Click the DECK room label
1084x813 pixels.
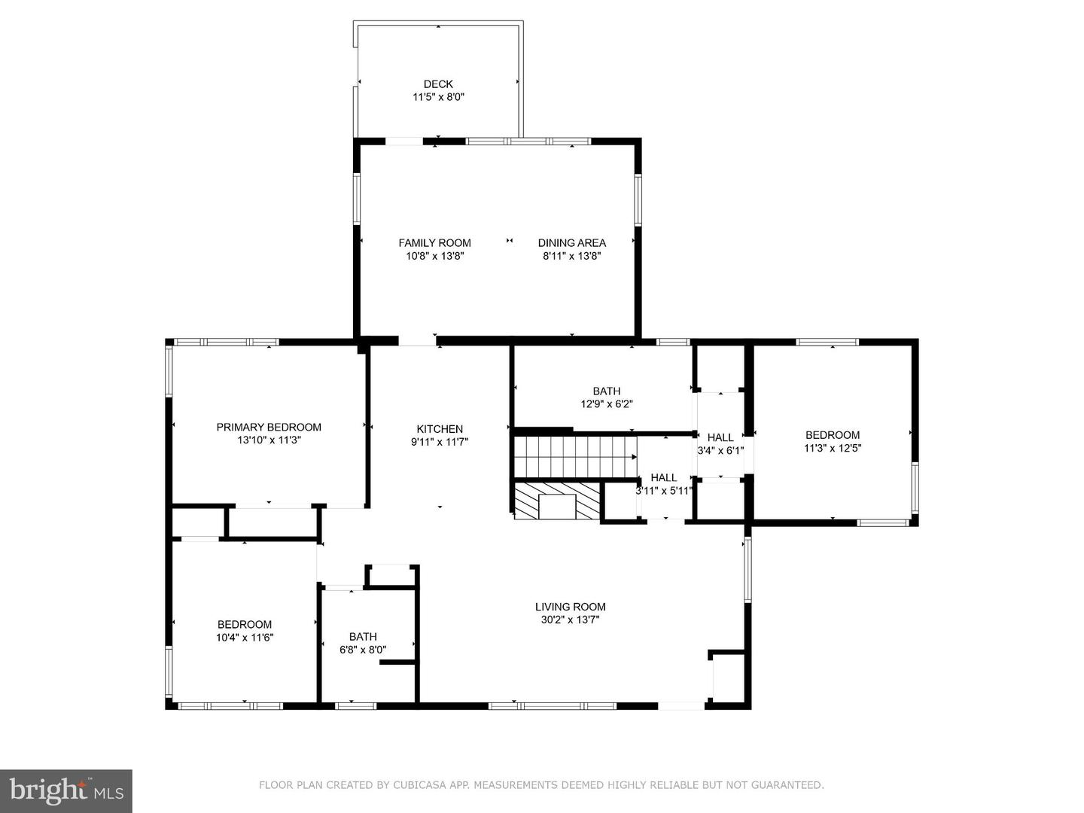coord(438,84)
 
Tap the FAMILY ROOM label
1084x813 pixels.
coord(434,242)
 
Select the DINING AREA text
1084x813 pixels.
coord(571,242)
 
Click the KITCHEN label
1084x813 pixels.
coord(440,429)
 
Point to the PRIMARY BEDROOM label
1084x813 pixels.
coord(269,427)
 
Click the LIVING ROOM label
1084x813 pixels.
coord(570,607)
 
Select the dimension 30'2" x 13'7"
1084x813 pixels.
coord(570,620)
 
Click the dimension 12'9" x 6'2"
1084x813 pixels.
coord(606,404)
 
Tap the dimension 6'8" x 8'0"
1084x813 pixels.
coord(363,650)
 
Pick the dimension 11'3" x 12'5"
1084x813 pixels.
coord(832,448)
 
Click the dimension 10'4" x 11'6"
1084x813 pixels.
coord(244,638)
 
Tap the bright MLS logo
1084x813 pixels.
coord(66,791)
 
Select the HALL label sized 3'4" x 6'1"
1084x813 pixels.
coord(720,437)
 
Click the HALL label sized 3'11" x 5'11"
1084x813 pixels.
coord(663,477)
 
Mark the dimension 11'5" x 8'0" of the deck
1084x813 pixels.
coord(438,97)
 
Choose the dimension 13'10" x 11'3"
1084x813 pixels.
coord(269,440)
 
